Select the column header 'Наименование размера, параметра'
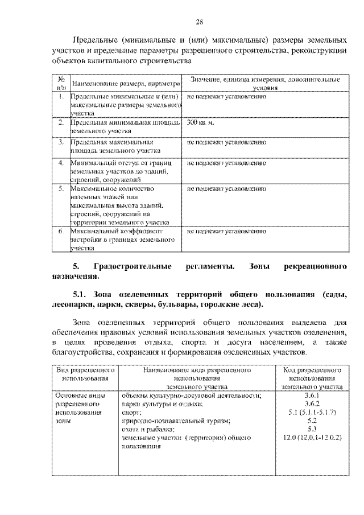tap(125, 84)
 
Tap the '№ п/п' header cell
tap(61, 84)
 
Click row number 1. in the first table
tap(61, 97)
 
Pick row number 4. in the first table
tap(61, 163)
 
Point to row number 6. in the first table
tap(61, 232)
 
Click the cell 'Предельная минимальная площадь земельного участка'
tap(125, 126)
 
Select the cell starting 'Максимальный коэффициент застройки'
tap(122, 240)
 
